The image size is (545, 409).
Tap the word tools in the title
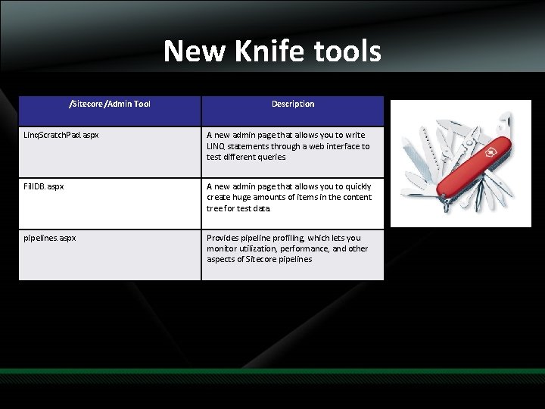[344, 52]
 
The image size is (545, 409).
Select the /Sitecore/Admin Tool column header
[110, 104]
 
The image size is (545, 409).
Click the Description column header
[293, 104]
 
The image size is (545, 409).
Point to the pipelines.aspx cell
[51, 238]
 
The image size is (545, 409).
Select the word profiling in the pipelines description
[285, 238]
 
